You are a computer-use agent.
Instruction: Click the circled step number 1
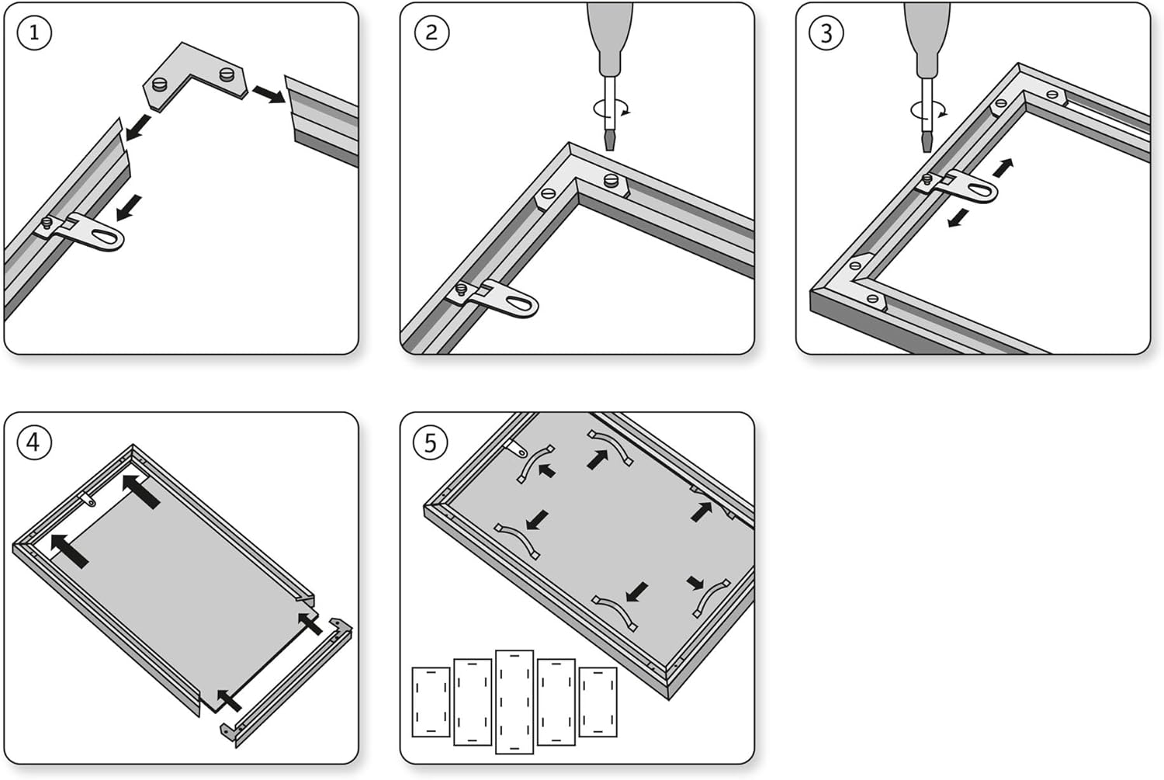tap(33, 33)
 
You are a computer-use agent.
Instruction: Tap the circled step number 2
tap(431, 33)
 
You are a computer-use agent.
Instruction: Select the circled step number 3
tap(826, 33)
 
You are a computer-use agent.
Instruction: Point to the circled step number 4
tap(33, 442)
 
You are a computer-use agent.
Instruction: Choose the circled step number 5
tap(431, 442)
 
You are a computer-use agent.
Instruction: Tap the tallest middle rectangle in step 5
tap(514, 702)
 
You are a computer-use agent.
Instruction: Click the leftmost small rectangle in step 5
tap(431, 702)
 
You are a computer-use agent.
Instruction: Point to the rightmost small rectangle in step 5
tap(598, 702)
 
